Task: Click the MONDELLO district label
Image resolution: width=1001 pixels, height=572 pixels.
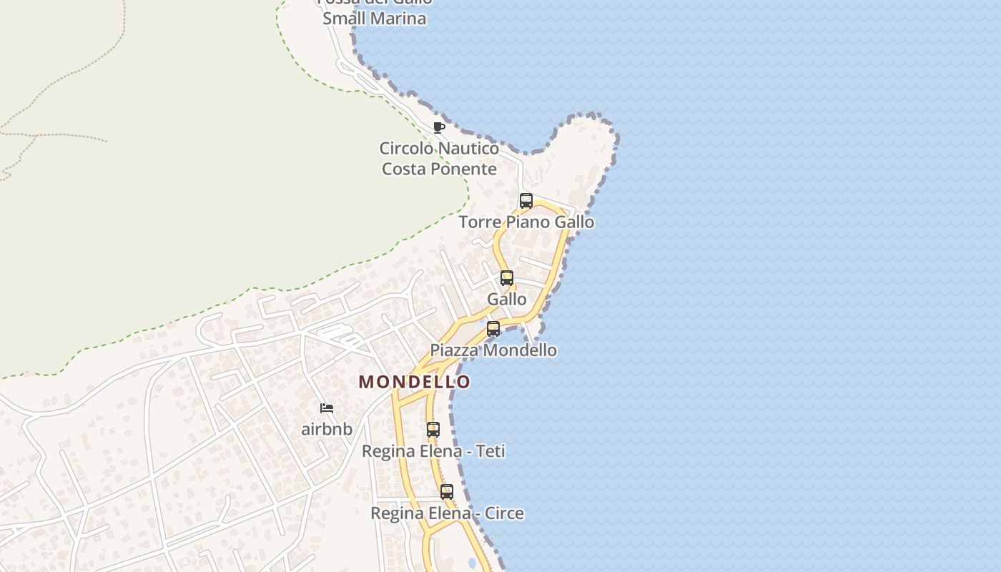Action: [415, 382]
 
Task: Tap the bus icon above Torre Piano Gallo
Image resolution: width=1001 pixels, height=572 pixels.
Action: [526, 201]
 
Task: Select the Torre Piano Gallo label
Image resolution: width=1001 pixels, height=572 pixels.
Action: [526, 222]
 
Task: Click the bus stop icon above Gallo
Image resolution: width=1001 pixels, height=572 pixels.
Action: [507, 278]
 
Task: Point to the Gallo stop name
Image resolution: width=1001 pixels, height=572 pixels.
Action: [507, 300]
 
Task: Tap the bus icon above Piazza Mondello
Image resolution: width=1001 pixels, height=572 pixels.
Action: [493, 329]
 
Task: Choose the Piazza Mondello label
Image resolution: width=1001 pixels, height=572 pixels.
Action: [493, 350]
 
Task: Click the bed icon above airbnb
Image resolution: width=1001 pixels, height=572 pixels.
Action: [327, 408]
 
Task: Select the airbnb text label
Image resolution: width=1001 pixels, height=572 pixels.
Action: [327, 430]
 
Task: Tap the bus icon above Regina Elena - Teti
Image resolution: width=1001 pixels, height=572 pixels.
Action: [433, 430]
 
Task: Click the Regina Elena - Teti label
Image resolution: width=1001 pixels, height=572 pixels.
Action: [433, 451]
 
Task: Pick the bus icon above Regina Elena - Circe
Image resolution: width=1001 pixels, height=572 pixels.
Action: [447, 492]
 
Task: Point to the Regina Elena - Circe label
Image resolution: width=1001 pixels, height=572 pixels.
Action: [447, 513]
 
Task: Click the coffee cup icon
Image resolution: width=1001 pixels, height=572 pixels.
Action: [439, 127]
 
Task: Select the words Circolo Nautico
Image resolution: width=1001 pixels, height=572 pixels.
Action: [439, 149]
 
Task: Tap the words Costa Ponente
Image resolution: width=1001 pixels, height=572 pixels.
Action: [439, 169]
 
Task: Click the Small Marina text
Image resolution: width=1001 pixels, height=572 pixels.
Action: [374, 19]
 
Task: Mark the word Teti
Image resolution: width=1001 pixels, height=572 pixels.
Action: [490, 451]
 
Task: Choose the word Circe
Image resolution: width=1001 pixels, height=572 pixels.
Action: [504, 513]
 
